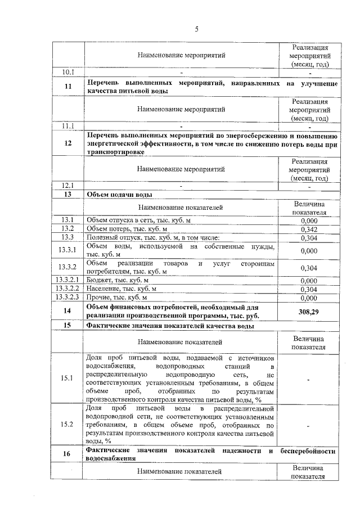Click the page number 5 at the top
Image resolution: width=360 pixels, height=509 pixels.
point(196,29)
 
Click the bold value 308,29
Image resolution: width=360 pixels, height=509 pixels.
point(309,311)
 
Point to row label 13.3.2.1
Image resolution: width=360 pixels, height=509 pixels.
point(68,280)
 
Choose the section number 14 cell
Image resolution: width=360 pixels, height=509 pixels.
point(68,311)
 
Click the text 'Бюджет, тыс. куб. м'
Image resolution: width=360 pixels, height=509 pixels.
point(118,280)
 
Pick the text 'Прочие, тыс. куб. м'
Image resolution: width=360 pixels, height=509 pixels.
point(116,298)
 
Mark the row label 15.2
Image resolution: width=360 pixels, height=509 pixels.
point(68,424)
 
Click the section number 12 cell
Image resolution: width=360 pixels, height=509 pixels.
point(68,143)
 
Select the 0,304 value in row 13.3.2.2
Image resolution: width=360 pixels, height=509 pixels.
point(309,289)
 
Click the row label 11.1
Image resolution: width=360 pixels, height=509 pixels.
point(68,125)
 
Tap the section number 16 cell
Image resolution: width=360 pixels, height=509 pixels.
point(68,454)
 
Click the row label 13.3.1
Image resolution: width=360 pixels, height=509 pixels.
point(68,250)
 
